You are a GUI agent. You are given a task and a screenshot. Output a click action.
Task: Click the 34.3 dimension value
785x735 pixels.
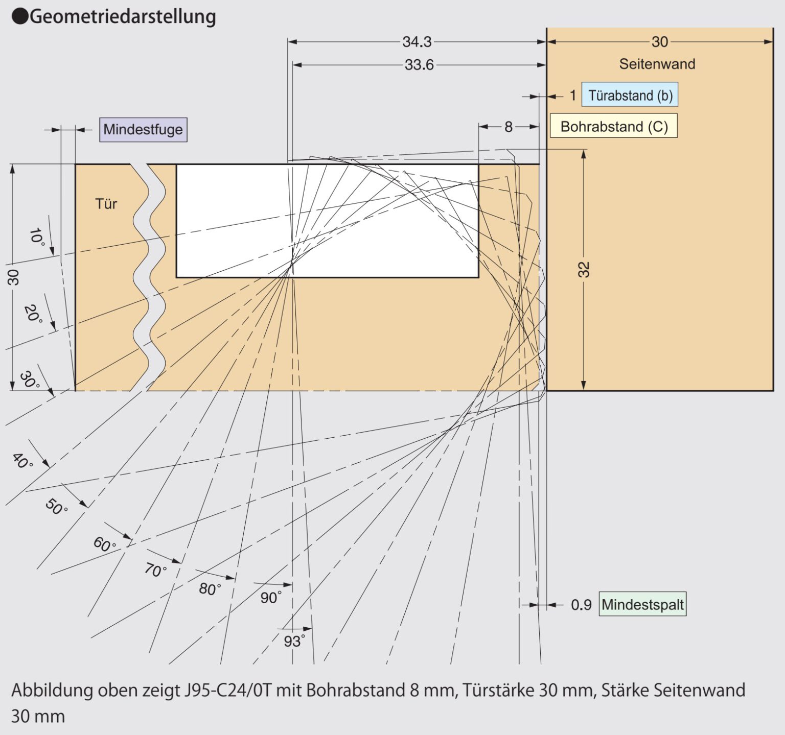coord(417,42)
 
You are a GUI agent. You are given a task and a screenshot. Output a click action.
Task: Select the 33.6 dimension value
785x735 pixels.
coord(419,65)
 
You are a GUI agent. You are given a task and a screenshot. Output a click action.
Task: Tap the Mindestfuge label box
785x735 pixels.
coord(143,129)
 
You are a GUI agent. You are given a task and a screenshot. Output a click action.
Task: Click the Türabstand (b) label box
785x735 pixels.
coord(630,95)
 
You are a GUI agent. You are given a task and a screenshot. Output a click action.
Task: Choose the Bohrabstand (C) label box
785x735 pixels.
coord(614,126)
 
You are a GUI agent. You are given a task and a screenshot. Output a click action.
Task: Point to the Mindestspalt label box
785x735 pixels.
coord(642,604)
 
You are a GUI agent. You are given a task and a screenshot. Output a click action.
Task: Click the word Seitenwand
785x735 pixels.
coord(657,64)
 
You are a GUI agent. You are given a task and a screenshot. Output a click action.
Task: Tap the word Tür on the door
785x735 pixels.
coord(106,204)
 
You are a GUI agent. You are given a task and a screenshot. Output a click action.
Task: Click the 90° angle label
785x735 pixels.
coord(270,598)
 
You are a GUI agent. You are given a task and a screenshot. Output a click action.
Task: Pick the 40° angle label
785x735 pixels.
coord(22,461)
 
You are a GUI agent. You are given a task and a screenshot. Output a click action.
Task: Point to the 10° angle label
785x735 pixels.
coord(36,236)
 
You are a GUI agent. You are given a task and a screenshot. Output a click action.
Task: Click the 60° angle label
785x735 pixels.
coord(104,544)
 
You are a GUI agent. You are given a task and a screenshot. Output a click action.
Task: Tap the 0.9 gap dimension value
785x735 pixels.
coord(581,605)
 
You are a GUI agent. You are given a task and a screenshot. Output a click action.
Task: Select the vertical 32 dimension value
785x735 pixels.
coord(584,269)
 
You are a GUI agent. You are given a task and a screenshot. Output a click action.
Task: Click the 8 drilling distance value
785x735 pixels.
coord(508,127)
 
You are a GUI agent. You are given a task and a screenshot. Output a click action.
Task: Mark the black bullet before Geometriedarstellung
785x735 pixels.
coord(19,17)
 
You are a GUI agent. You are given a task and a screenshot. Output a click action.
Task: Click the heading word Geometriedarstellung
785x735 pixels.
coord(123,16)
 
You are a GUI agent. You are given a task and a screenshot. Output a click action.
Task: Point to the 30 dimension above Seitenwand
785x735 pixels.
coord(659,42)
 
